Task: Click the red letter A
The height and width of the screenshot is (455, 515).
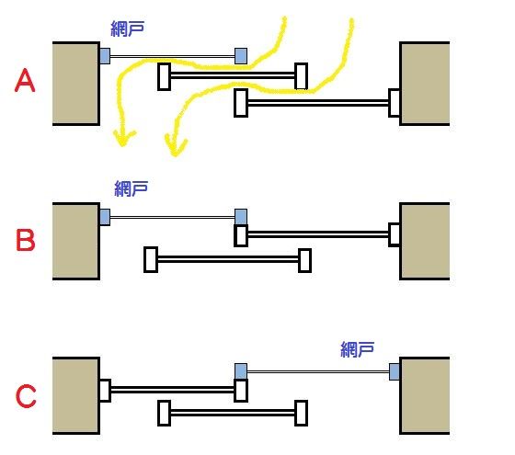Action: (25, 81)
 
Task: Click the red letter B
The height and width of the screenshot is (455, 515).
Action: (26, 241)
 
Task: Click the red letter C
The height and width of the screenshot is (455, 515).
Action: (26, 396)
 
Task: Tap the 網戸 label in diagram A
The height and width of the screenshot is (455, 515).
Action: (128, 28)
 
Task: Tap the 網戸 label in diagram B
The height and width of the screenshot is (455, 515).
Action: (131, 188)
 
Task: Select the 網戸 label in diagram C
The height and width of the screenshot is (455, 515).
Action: (358, 349)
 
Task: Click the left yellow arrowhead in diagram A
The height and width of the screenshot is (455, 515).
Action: (123, 138)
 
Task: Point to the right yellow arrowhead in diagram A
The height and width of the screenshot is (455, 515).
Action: (176, 146)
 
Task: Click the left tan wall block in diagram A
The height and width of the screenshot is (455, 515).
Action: (75, 84)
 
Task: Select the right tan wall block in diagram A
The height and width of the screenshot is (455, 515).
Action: (424, 84)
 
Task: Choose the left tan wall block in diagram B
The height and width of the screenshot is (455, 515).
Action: (75, 241)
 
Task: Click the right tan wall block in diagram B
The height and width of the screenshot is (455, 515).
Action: (424, 241)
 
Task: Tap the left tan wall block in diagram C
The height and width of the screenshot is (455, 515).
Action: (75, 395)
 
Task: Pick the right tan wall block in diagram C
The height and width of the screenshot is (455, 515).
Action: (424, 395)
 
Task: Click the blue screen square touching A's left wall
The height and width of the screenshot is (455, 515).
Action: (105, 56)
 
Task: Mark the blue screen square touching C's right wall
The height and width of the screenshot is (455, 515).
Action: (395, 371)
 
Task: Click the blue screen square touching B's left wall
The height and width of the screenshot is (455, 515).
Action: (105, 217)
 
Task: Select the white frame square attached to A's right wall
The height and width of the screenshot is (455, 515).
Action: (395, 103)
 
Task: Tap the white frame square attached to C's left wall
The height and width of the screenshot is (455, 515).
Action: (105, 391)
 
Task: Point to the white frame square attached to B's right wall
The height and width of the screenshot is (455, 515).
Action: (395, 234)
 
